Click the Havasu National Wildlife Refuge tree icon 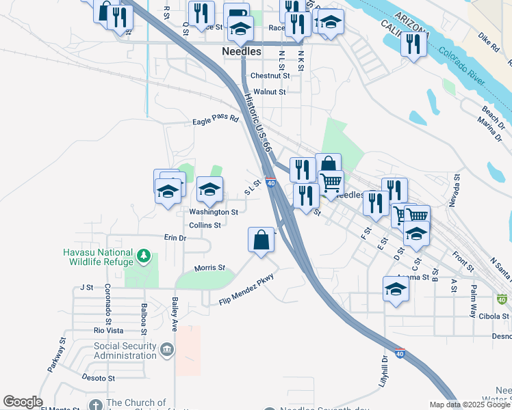143,256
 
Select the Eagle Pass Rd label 215,120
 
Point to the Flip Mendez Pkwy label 246,292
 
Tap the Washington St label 214,212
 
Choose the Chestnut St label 270,76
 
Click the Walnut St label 268,91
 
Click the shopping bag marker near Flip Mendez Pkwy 261,241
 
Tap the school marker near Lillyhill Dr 396,290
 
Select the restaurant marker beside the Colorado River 413,44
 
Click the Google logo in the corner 23,402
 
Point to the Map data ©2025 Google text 470,405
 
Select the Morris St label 209,268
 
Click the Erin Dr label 175,237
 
